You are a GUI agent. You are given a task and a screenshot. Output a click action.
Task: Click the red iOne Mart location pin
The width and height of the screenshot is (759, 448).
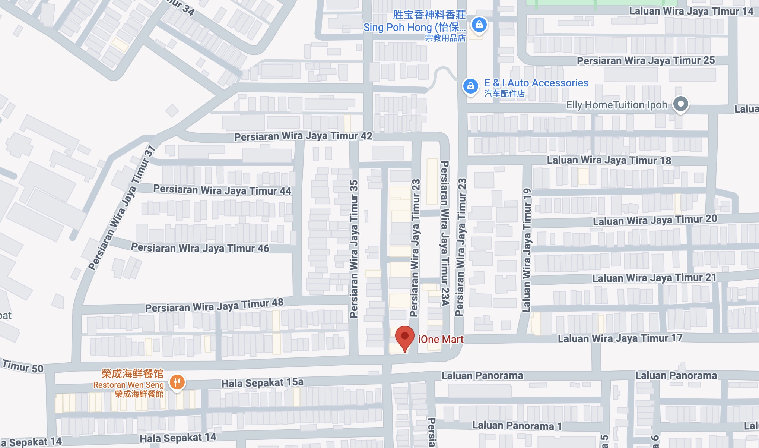click(404, 337)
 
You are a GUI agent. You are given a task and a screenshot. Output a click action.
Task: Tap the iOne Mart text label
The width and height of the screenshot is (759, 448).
click(441, 339)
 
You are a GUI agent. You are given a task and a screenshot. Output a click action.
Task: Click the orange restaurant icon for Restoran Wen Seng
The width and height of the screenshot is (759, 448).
click(177, 382)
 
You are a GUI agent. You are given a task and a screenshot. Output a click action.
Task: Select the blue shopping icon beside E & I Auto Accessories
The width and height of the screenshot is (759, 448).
click(471, 86)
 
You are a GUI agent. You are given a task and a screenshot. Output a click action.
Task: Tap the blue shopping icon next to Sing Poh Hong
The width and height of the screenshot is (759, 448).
click(479, 25)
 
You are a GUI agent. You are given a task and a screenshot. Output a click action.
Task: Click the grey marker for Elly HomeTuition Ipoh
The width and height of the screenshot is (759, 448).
click(681, 104)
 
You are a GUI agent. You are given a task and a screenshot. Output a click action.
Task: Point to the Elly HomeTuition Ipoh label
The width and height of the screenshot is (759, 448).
click(617, 105)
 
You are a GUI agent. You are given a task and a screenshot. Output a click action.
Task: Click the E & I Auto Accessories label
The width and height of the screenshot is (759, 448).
click(536, 83)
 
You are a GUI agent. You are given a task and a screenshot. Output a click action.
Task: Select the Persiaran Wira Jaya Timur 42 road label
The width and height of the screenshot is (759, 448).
click(303, 136)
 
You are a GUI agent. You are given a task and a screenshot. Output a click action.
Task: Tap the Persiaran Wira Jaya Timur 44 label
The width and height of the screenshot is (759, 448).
click(222, 190)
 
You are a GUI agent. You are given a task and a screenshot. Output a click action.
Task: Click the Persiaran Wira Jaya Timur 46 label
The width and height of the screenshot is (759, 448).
click(200, 248)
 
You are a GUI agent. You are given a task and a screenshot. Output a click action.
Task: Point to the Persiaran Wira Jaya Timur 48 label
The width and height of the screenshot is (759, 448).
click(214, 306)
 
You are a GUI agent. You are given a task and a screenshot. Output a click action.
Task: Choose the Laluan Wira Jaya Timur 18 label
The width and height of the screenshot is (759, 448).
click(609, 160)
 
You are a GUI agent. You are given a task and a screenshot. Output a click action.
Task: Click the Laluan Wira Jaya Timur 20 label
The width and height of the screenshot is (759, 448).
click(655, 220)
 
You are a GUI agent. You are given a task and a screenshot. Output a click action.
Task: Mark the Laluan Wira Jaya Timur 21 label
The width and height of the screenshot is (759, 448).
click(654, 278)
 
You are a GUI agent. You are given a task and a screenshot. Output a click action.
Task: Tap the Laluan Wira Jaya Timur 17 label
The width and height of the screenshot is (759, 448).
click(620, 338)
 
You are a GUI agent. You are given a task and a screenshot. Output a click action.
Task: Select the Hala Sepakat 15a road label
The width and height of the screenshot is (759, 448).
click(263, 383)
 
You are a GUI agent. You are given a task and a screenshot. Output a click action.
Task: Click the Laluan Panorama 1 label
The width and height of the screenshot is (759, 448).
click(517, 426)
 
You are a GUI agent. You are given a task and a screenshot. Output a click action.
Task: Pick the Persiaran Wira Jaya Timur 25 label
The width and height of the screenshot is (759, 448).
click(646, 60)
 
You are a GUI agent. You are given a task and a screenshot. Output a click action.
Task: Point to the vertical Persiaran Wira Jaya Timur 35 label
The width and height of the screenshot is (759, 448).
click(354, 249)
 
